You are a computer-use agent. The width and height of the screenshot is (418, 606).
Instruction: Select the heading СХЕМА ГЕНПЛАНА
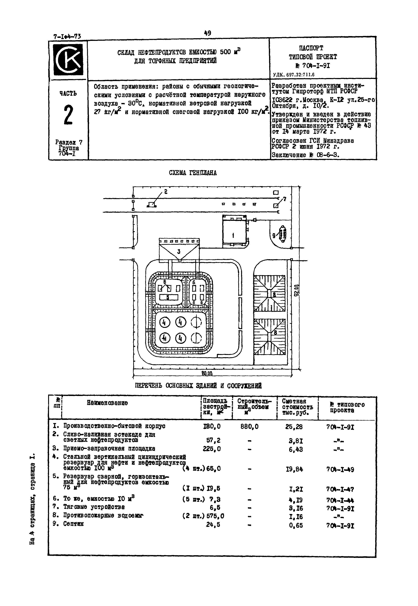(x=193, y=173)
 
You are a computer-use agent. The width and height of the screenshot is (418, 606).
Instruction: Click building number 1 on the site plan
(x=233, y=235)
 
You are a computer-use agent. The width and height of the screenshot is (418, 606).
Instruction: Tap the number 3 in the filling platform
(x=179, y=252)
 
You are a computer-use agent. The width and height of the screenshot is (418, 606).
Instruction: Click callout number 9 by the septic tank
(x=274, y=236)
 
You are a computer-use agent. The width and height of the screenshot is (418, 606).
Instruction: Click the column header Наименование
(x=107, y=403)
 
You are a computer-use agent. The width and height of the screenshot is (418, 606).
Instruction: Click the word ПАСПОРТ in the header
(x=311, y=48)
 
